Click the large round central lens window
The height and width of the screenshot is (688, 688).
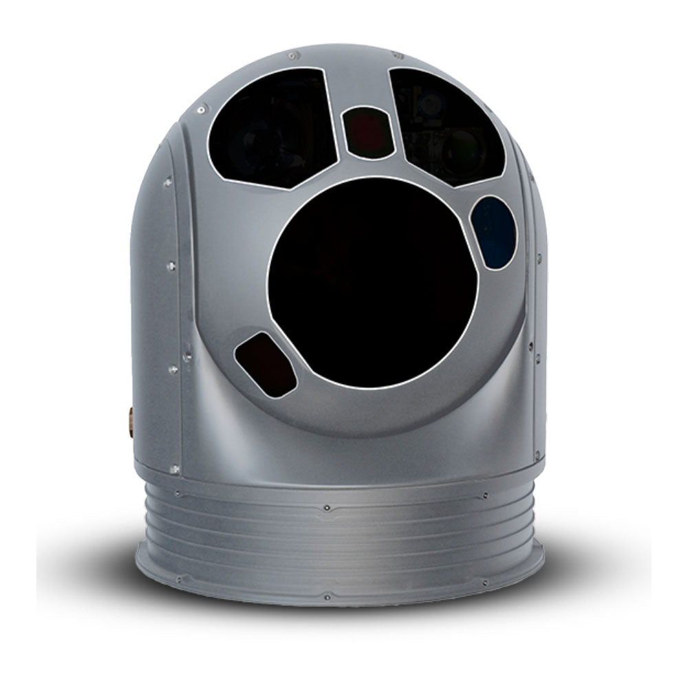(372, 283)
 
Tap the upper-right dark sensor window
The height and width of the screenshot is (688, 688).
(447, 127)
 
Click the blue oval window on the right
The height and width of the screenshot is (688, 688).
(493, 232)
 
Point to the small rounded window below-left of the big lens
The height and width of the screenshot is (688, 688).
(266, 364)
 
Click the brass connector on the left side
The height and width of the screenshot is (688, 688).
(131, 421)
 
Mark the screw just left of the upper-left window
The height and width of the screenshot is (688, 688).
(201, 109)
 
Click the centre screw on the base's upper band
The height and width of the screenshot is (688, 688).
(326, 508)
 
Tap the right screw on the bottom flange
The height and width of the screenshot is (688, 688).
(486, 583)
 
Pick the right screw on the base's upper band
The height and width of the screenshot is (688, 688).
(486, 495)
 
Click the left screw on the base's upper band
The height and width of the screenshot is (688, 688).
(178, 494)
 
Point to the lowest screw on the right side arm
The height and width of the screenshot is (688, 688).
(538, 454)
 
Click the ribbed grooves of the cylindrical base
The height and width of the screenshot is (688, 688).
(337, 544)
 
